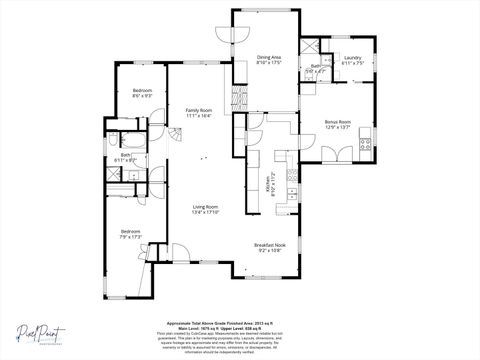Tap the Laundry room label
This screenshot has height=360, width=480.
click(352, 58)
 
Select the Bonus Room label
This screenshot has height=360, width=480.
click(337, 122)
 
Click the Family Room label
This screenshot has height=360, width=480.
click(198, 110)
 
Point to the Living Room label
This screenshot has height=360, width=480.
click(207, 206)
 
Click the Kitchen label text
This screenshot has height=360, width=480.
click(267, 185)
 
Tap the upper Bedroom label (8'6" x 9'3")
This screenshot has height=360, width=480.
click(142, 91)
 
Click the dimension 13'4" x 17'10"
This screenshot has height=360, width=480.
click(207, 212)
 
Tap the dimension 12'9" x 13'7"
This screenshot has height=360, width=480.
click(337, 128)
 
